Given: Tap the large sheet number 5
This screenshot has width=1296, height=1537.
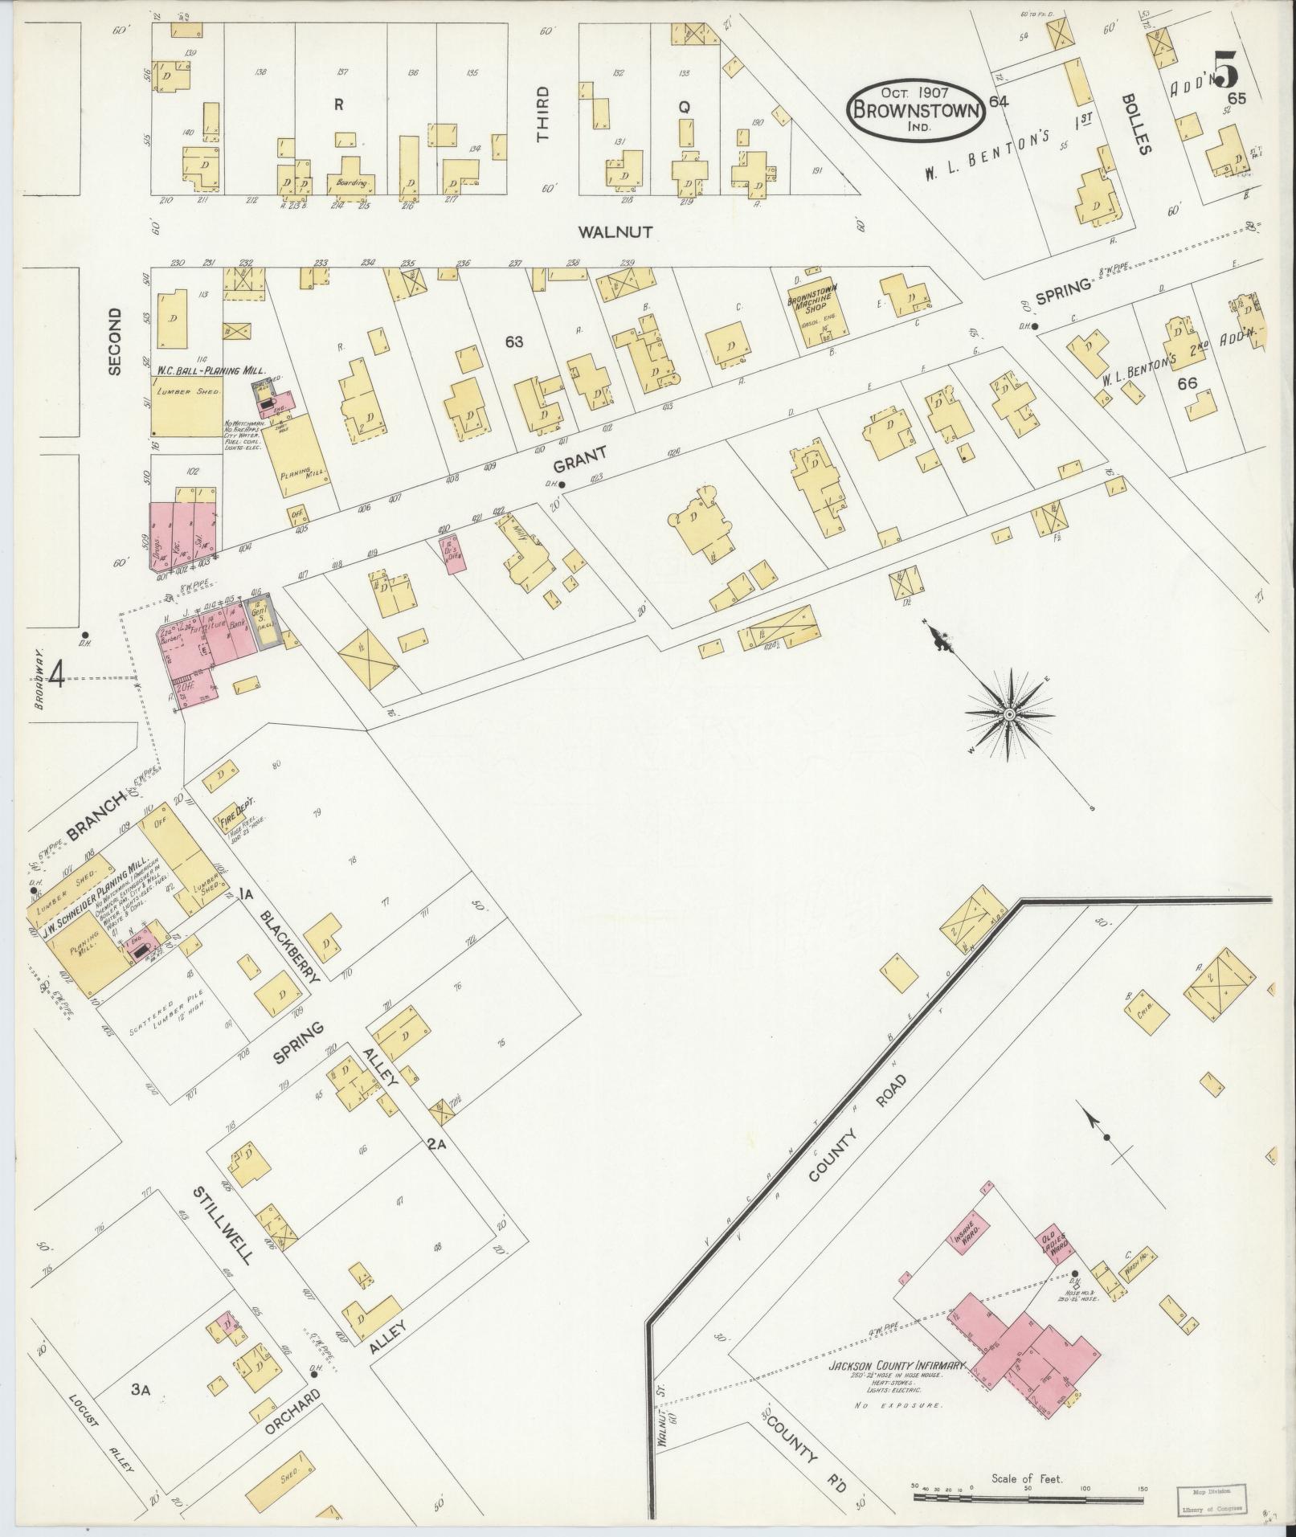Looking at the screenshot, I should (x=1225, y=70).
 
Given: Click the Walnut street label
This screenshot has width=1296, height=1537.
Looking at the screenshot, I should (x=615, y=232).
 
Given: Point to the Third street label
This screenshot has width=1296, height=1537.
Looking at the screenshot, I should (x=543, y=113).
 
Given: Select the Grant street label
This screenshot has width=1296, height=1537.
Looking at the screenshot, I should (x=578, y=465).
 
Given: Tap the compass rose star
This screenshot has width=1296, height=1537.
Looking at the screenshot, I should (x=1009, y=713).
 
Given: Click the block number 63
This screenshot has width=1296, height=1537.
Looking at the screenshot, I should (x=514, y=342).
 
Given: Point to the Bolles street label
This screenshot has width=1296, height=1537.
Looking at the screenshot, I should (x=1143, y=133).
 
